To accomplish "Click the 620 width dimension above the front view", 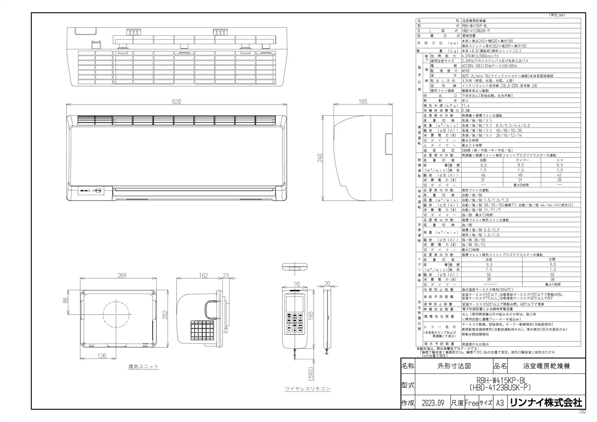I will (176, 102).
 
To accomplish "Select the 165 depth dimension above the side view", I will (363, 101).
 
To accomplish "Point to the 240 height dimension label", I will (320, 158).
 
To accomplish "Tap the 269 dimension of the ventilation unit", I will (122, 276).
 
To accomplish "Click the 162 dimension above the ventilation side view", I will (203, 276).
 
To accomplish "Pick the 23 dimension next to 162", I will (225, 276).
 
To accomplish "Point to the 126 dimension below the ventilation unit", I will (102, 356).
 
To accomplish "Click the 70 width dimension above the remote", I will (297, 284).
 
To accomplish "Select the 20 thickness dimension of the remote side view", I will (327, 284).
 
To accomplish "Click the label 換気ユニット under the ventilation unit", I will (143, 366).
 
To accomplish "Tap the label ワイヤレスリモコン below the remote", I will (307, 389).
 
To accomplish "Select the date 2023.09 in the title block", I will (433, 403).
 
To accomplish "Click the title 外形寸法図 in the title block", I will (454, 366).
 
